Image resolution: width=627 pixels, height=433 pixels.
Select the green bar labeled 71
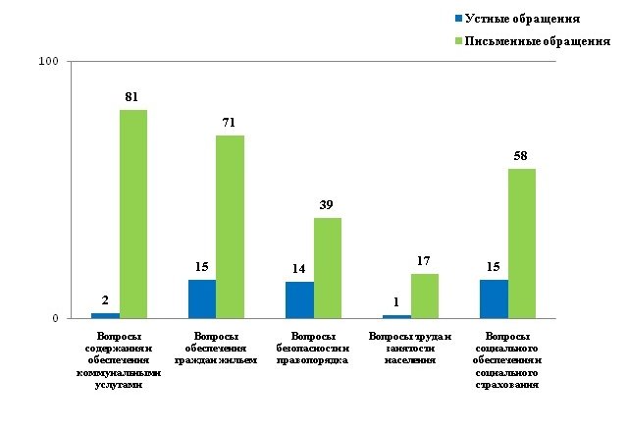click(x=230, y=227)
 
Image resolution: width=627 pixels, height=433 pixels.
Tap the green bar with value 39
click(x=327, y=268)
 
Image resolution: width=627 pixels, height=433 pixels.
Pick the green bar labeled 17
click(x=424, y=296)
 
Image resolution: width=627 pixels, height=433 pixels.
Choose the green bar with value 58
click(x=521, y=244)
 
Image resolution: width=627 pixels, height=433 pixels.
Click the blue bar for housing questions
click(x=202, y=298)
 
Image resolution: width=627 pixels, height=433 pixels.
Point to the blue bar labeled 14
click(x=299, y=299)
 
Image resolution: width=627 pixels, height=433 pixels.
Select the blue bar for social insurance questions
click(x=494, y=298)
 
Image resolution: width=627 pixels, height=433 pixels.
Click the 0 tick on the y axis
click(x=55, y=318)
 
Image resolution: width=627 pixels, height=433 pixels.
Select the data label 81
click(x=134, y=96)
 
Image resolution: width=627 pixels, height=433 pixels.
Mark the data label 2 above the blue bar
click(x=106, y=300)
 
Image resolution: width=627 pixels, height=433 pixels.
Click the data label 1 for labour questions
click(x=396, y=302)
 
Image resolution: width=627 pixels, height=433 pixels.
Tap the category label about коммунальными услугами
click(x=118, y=360)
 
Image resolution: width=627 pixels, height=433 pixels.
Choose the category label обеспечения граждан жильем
click(x=215, y=349)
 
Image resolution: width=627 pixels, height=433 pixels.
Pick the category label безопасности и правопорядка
click(x=312, y=349)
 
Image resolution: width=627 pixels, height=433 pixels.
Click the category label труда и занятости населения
click(x=409, y=349)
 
